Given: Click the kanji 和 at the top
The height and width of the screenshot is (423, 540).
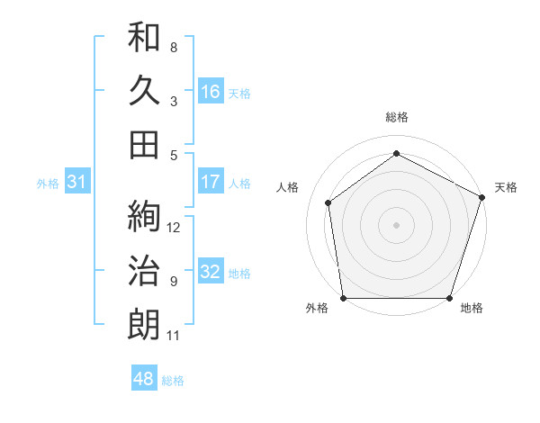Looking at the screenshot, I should point(144,37).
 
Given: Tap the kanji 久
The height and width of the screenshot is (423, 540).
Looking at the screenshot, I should point(144,90).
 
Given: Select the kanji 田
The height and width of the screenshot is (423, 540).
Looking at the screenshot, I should point(144,144).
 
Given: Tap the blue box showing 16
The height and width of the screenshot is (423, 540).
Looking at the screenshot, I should point(210,91).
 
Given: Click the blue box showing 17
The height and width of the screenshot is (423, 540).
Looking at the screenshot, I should point(210,182).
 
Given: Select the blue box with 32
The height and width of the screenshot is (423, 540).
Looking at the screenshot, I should point(210,272).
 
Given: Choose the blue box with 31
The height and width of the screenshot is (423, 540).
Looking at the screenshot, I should point(76,182).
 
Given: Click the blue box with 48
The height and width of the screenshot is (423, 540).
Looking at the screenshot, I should point(143,379).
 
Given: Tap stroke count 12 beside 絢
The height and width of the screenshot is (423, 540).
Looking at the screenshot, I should point(174,227).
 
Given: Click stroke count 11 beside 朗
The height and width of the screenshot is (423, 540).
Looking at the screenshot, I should point(173,336).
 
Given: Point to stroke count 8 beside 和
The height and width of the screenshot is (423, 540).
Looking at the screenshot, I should point(173,48).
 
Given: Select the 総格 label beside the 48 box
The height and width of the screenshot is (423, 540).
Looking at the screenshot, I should point(173,381).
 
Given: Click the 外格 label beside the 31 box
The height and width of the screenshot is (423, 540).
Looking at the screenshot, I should point(48,184).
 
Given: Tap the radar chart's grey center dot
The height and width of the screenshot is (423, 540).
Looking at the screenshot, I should point(396,224).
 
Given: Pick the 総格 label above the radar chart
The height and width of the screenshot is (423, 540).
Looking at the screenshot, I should point(396,117).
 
